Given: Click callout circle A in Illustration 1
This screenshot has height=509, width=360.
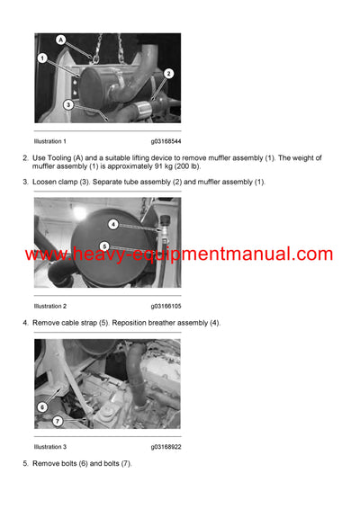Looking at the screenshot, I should [x=61, y=40].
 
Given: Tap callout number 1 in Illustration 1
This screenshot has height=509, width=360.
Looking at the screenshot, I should [x=42, y=58].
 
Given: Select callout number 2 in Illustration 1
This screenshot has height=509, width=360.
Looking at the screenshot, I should [x=168, y=74].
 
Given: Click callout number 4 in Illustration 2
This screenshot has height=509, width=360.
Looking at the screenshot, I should [x=113, y=224].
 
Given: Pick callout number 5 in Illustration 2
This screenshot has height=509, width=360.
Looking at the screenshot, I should [x=104, y=246].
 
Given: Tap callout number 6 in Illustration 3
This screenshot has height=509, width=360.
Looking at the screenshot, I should [x=42, y=406].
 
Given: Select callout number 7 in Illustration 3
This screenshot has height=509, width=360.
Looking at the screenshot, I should [x=58, y=421].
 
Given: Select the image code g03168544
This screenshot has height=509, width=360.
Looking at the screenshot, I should [x=166, y=141].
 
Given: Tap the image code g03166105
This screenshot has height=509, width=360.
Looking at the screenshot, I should [x=166, y=306].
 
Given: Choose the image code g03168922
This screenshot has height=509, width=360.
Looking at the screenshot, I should [x=166, y=446].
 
